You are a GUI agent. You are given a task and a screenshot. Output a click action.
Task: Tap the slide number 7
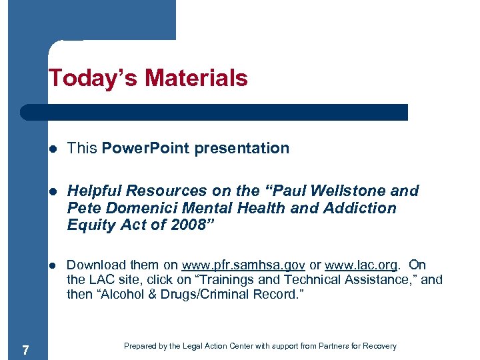coord(25,350)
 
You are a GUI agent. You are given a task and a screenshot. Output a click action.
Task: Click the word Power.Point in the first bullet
coord(146,148)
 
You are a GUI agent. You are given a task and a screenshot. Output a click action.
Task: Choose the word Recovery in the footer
coord(378,346)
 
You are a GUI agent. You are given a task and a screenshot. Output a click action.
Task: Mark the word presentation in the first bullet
coord(242,148)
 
